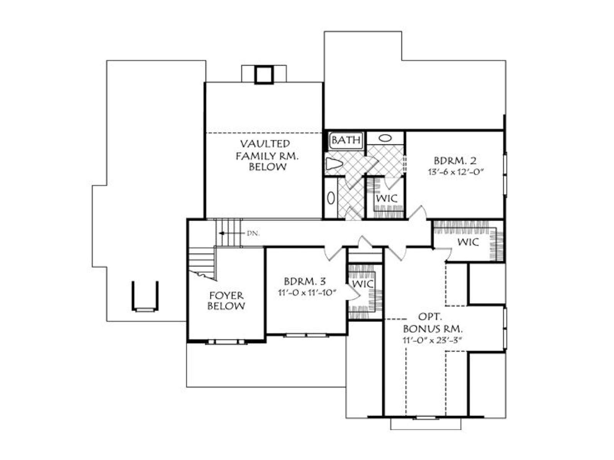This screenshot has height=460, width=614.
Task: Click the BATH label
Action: click(346, 140)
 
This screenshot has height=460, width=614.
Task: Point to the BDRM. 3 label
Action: click(305, 281)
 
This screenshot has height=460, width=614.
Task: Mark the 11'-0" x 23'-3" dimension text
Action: click(432, 340)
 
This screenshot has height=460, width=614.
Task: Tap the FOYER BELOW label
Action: click(226, 301)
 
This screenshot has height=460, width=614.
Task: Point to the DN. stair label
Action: click(253, 233)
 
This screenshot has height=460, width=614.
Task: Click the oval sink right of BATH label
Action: click(385, 138)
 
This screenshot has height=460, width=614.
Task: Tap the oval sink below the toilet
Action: click(331, 198)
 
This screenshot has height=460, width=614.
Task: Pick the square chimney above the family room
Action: click(264, 75)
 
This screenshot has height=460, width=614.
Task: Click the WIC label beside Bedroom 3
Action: click(363, 284)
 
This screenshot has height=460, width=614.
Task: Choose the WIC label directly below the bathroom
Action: click(386, 198)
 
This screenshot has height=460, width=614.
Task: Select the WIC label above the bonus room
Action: click(468, 242)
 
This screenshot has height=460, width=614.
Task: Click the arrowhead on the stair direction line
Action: click(221, 233)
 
